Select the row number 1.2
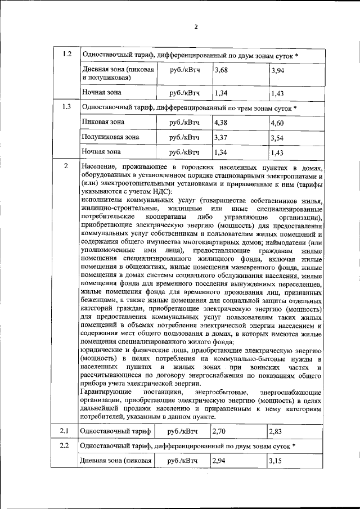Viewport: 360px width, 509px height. pyautogui.click(x=66, y=55)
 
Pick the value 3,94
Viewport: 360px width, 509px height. pyautogui.click(x=278, y=70)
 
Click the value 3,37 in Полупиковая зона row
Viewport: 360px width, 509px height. pyautogui.click(x=222, y=137)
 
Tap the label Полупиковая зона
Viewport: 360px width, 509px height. pyautogui.click(x=111, y=137)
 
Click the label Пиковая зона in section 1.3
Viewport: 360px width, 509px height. pyautogui.click(x=103, y=122)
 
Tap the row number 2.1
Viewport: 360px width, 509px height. pyautogui.click(x=65, y=431)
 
